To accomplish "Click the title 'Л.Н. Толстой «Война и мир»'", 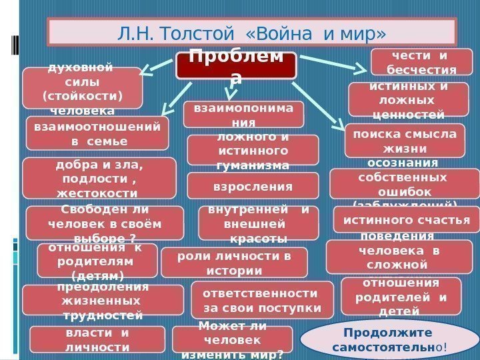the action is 251,32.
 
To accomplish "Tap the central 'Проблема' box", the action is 235,67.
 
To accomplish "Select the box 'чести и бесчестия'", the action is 421,62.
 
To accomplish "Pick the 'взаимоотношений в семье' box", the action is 97,132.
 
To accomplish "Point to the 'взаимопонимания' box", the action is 243,114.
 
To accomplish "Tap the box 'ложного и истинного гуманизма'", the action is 243,150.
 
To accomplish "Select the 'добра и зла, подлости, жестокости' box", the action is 99,178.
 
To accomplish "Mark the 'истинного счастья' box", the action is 405,220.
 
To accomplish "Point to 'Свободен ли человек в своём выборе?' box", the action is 105,223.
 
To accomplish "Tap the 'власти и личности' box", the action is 98,339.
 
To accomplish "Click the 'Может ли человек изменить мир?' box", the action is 233,339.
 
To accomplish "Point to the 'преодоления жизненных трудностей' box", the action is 103,300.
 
